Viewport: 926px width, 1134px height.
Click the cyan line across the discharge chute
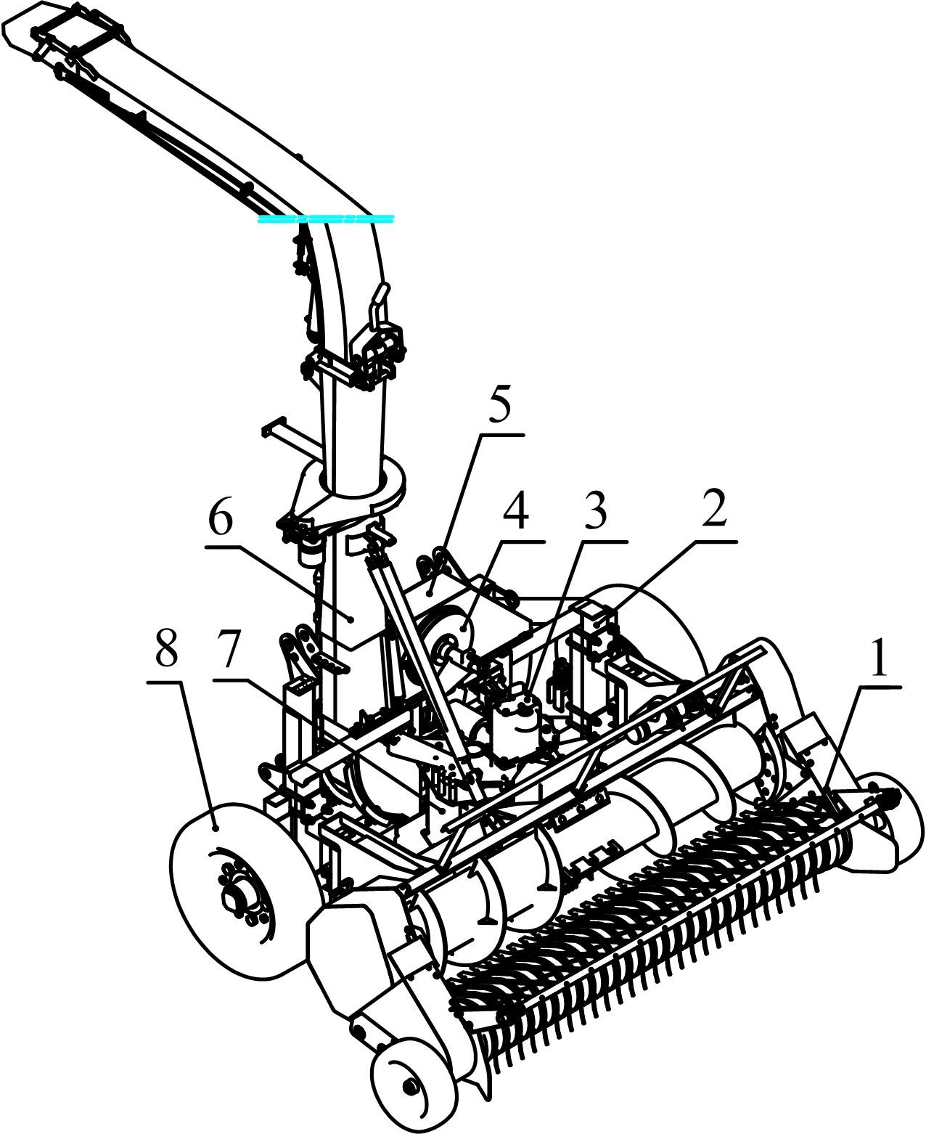[x=326, y=219]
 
